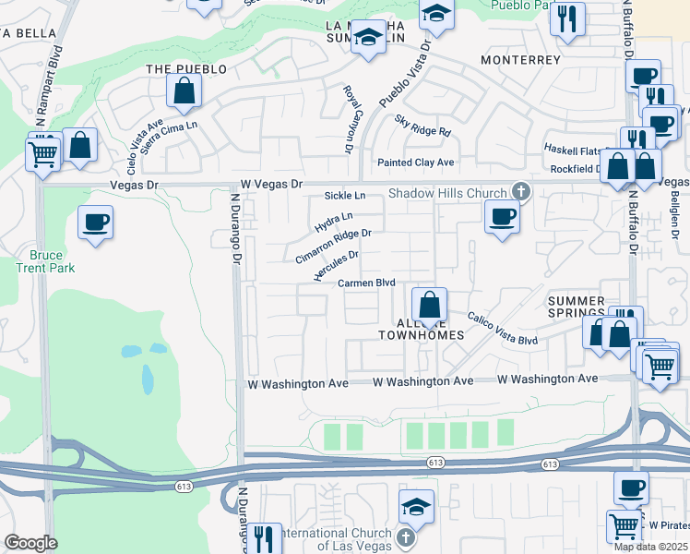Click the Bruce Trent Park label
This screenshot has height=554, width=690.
pos(46,261)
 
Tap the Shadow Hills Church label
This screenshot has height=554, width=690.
pos(447,193)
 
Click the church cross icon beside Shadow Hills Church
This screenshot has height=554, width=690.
pos(520,192)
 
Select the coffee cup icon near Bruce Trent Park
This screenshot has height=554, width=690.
pos(95,223)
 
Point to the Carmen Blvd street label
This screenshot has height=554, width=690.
pos(366,283)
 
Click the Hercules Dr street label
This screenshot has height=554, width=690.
pos(336,265)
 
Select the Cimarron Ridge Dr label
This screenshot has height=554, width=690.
pos(333,246)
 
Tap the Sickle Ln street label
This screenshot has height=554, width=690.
pos(345,196)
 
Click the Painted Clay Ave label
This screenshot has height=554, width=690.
pos(416,163)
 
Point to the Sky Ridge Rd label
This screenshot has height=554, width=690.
pos(422,126)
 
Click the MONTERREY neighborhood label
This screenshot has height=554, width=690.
pos(521,60)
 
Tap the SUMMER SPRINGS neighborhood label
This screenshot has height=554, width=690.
pos(577,309)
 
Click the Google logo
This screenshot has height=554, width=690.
pos(30,543)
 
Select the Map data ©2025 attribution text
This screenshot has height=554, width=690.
pos(650,547)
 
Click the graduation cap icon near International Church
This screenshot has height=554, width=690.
pos(416,507)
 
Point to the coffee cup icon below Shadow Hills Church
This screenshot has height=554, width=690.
pos(501,217)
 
